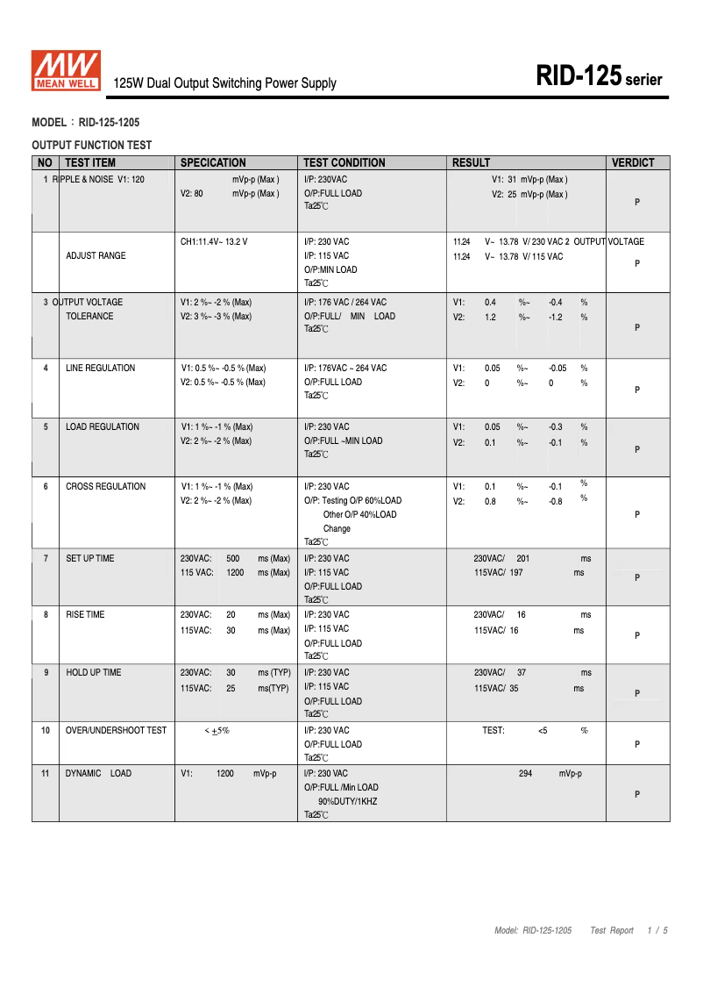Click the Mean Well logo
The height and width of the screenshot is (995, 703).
(67, 71)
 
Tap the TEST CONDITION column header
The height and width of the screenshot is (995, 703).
(344, 162)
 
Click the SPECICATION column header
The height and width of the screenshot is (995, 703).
(213, 162)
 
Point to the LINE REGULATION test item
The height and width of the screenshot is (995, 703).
(101, 369)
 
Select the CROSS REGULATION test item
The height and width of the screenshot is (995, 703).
(106, 487)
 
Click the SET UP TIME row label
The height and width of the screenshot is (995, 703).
(90, 559)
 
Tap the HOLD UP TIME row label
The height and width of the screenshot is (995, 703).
(94, 673)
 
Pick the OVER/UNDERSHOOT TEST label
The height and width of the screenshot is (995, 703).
(117, 730)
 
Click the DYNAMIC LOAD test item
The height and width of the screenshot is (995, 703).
(99, 774)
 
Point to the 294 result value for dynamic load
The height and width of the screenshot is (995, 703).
(525, 774)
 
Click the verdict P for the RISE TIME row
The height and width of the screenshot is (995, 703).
(637, 635)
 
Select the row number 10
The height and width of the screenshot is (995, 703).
(46, 730)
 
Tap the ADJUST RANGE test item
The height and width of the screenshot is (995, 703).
(96, 256)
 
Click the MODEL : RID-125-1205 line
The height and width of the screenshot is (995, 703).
(86, 123)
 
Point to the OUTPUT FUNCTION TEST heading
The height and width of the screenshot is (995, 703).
(91, 146)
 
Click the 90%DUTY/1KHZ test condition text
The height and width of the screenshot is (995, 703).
(348, 802)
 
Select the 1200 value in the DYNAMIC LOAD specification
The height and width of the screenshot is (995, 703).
(225, 774)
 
